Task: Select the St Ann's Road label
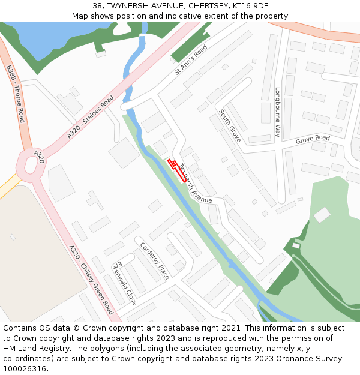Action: point(190,60)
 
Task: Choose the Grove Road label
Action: point(313,139)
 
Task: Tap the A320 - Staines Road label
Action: point(90,118)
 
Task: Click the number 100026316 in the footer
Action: point(25,368)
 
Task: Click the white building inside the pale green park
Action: point(322,215)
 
